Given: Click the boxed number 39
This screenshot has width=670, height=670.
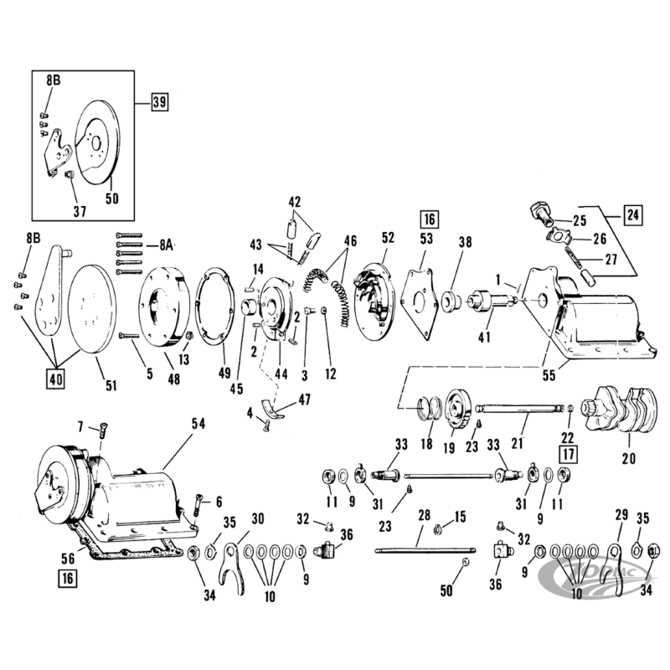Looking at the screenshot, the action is coord(159,102).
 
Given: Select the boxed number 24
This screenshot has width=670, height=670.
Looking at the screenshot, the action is coord(633,214).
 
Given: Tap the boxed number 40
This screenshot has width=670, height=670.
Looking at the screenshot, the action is coord(56,379).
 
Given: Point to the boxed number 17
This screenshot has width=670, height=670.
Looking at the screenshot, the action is coord(569,453).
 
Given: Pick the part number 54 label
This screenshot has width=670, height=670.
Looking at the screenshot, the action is coord(198,424).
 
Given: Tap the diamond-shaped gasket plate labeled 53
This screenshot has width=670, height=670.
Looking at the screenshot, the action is coord(420,304).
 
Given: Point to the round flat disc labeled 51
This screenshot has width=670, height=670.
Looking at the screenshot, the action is coord(92,308).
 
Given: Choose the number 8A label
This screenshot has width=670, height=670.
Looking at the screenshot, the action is coord(166,245).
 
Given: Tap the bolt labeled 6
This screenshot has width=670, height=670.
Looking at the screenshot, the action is coord(198,503).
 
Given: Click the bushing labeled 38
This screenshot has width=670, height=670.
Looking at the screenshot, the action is coord(451,301).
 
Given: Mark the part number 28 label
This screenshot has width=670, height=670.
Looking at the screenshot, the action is coord(424,515).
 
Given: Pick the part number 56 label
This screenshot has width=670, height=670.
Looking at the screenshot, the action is coord(68,558).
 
